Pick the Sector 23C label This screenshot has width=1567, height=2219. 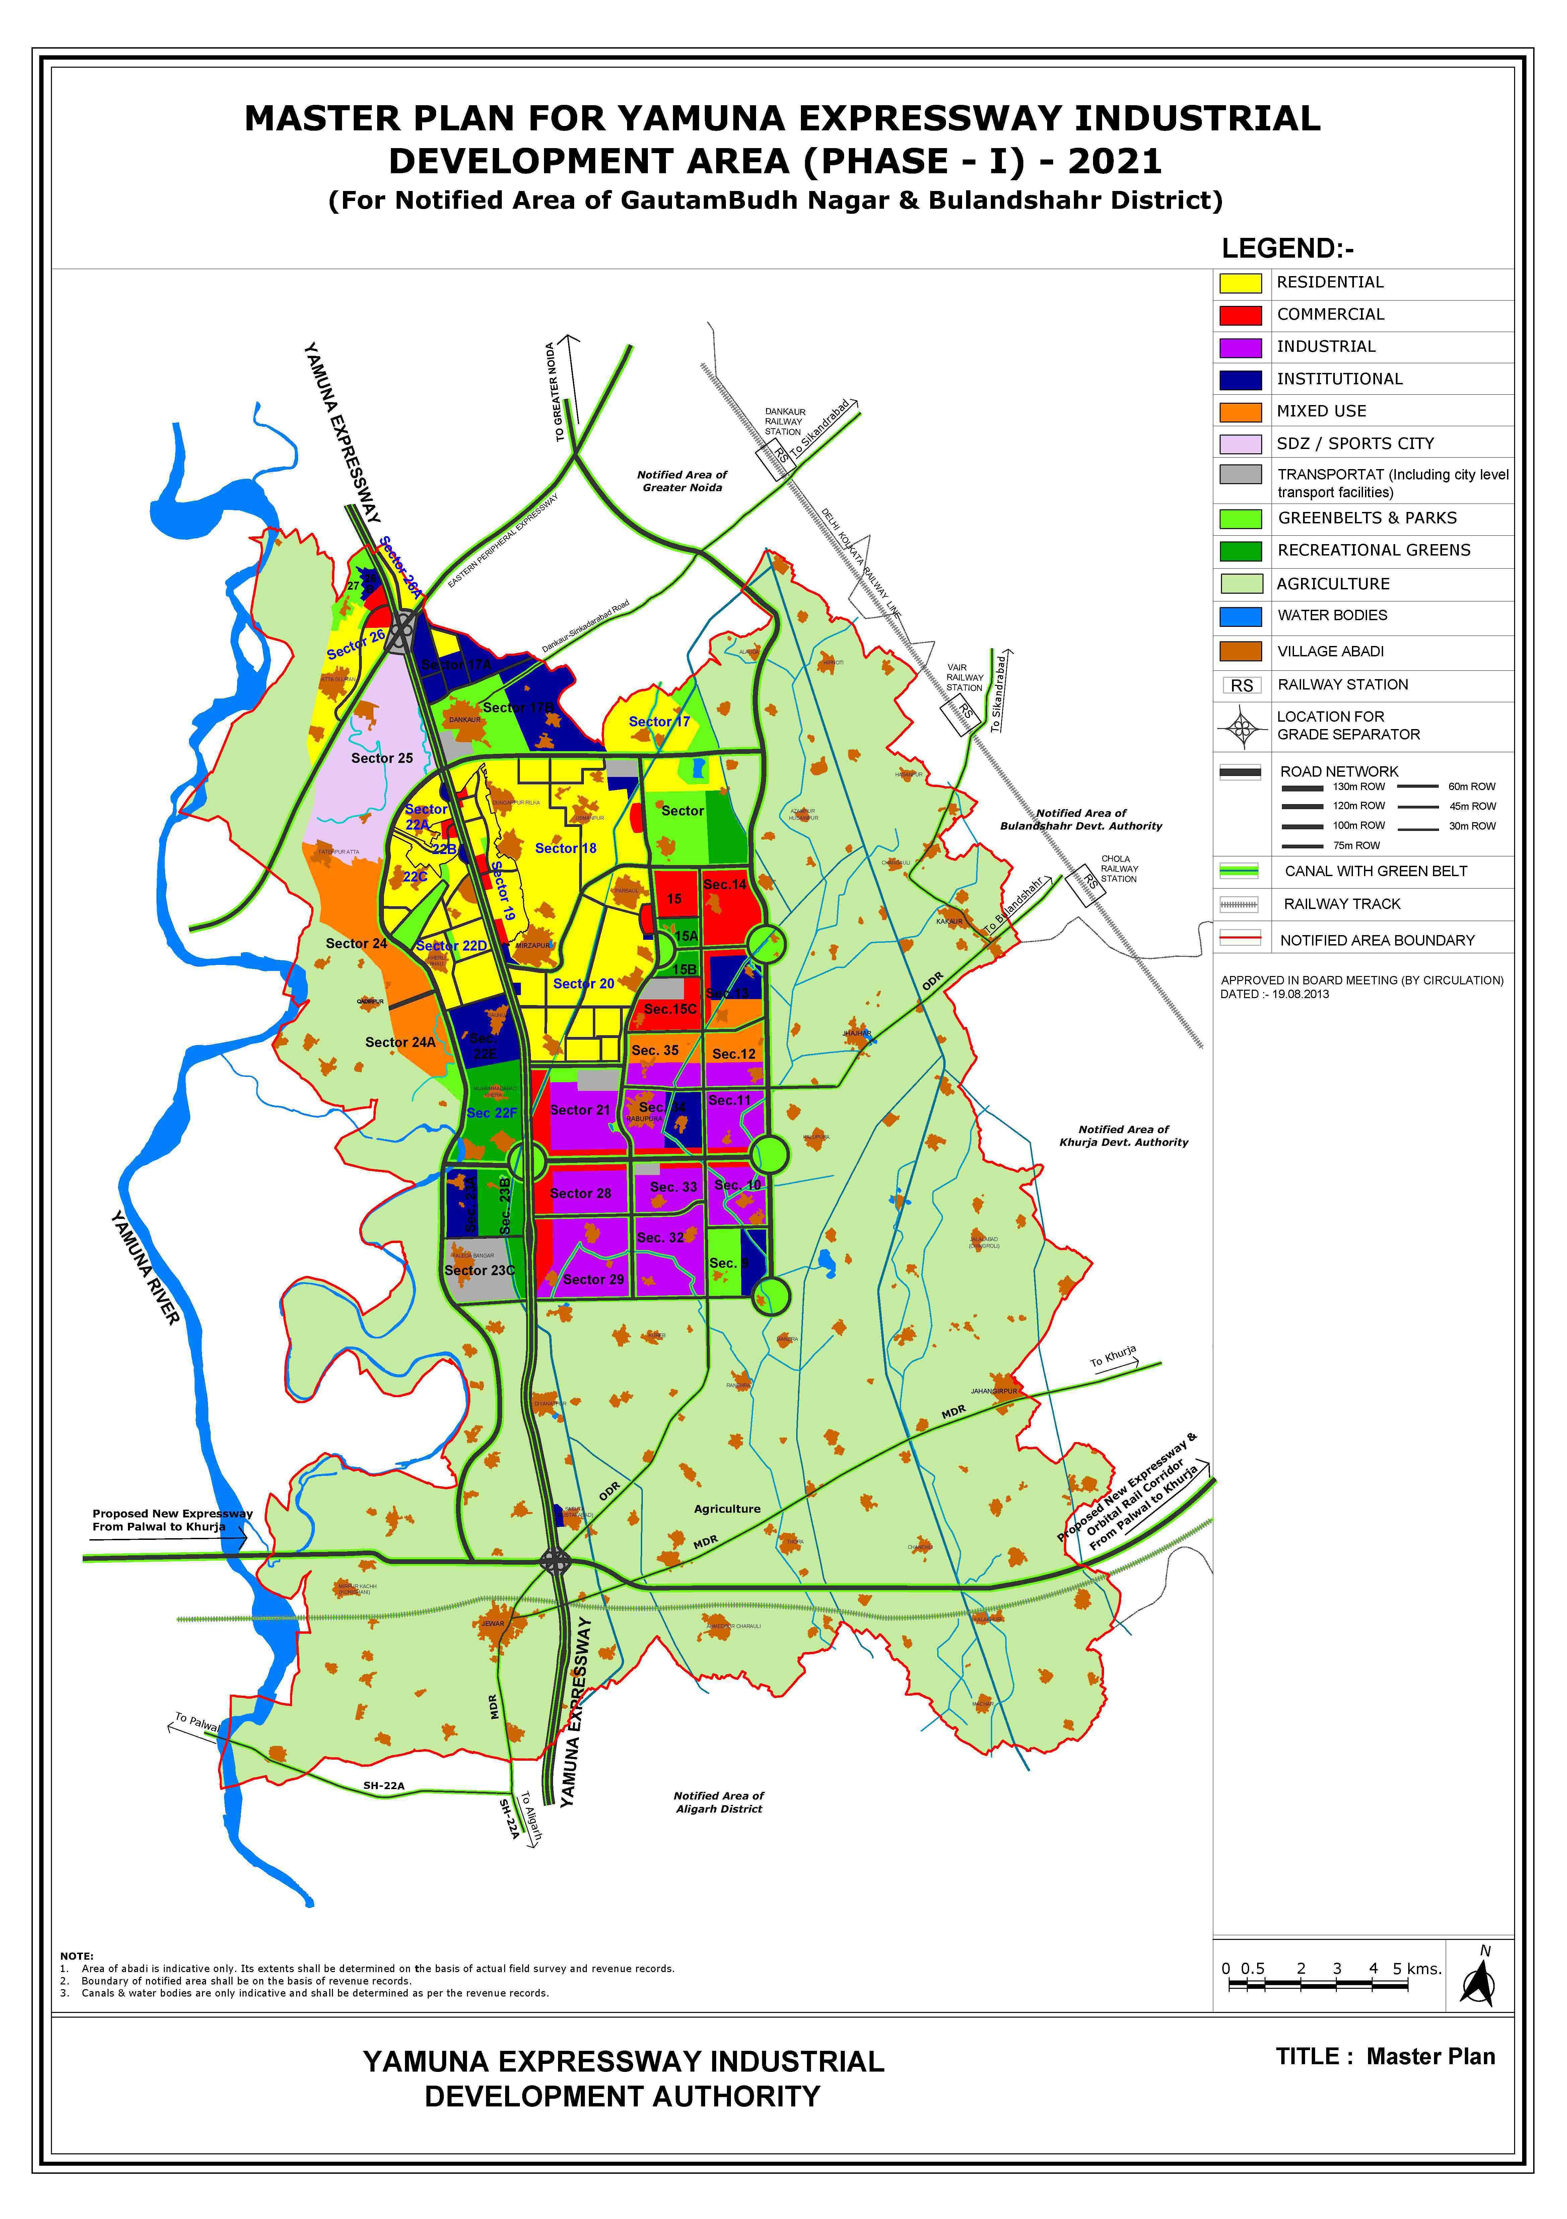479,1270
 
